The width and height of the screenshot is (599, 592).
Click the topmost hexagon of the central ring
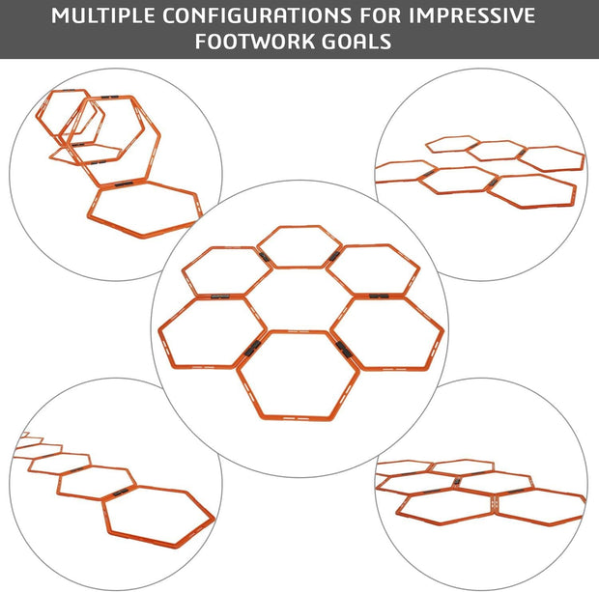[297, 246]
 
